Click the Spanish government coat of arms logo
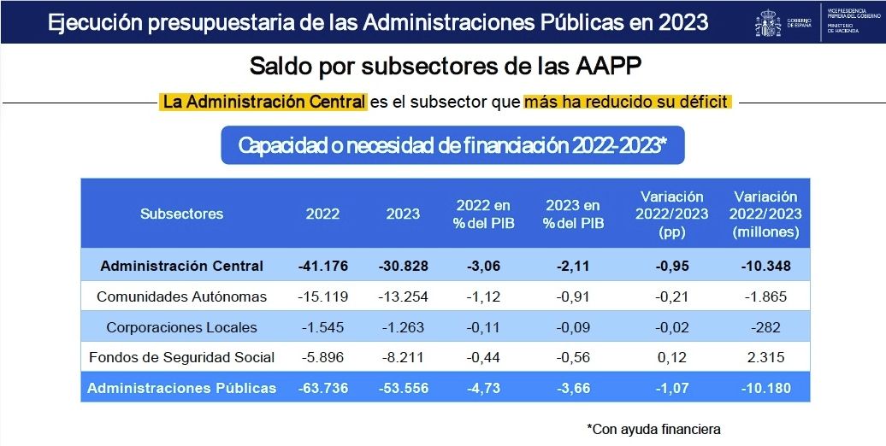click(767, 23)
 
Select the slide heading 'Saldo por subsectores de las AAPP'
click(443, 67)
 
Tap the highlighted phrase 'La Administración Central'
click(263, 103)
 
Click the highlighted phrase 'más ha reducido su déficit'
click(628, 103)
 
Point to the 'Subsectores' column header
click(181, 214)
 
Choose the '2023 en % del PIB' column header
click(574, 214)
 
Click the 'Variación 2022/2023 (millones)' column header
click(765, 214)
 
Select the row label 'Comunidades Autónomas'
click(181, 296)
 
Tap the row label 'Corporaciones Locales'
click(181, 327)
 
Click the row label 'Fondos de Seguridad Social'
click(181, 357)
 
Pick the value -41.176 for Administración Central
click(322, 266)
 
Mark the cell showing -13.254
click(403, 296)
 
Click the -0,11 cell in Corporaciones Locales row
click(483, 327)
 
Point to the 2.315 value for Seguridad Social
click(765, 357)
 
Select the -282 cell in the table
click(765, 327)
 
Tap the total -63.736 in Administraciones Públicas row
click(322, 388)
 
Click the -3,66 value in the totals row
click(574, 388)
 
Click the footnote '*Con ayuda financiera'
click(653, 427)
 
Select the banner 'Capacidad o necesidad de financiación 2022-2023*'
click(452, 145)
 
